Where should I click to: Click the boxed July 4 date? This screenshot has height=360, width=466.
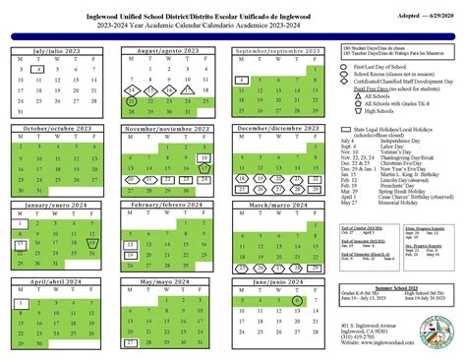[36, 70]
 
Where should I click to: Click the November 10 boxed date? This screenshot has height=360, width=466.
[204, 158]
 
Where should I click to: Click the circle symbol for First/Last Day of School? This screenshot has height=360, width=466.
[348, 64]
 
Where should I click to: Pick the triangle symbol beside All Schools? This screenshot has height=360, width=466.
[348, 94]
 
